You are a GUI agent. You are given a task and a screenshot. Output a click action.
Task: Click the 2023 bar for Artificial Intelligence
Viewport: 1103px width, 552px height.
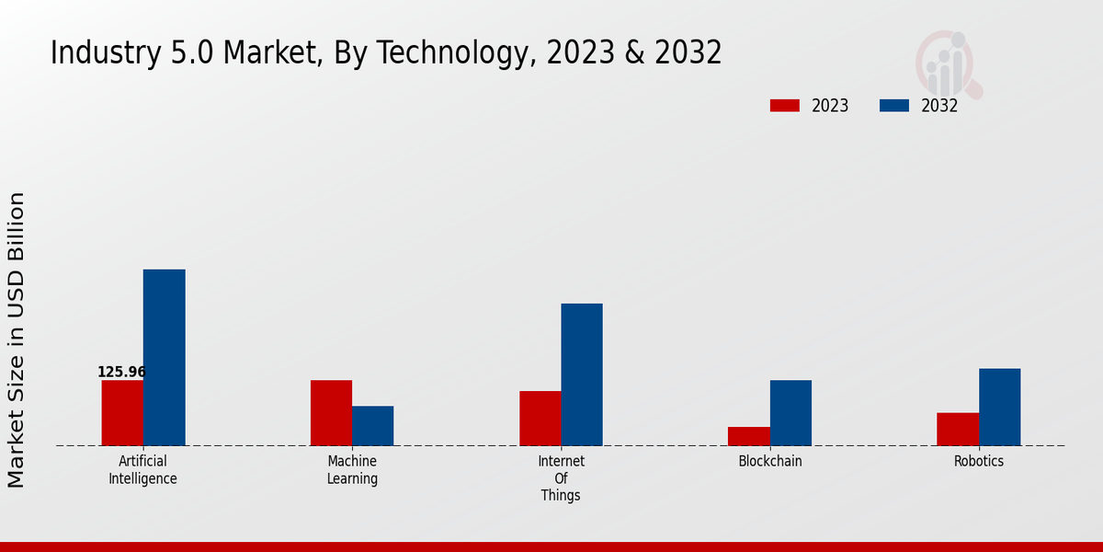pos(122,413)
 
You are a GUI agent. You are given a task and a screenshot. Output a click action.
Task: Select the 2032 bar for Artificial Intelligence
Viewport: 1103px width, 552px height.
pos(164,358)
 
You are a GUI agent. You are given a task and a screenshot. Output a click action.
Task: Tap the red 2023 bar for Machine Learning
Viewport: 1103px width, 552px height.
pos(331,413)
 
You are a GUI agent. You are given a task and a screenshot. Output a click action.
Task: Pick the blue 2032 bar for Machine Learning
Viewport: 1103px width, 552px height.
pos(372,426)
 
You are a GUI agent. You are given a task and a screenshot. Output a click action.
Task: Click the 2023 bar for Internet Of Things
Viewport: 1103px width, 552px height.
pos(540,419)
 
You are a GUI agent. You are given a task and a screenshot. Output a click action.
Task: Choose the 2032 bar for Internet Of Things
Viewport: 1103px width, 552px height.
pos(582,374)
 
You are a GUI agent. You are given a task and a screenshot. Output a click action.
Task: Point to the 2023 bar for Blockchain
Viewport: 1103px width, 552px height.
pos(748,436)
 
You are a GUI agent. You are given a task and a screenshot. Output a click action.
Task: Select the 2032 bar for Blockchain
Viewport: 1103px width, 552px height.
pos(790,413)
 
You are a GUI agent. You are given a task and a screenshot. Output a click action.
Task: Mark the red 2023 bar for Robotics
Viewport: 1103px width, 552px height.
pos(958,430)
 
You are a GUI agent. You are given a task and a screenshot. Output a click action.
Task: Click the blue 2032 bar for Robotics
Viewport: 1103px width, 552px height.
pos(999,408)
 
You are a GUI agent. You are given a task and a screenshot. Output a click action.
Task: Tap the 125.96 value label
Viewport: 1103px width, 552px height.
pos(121,373)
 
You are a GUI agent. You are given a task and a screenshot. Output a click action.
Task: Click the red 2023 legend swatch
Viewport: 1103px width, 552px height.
pos(784,106)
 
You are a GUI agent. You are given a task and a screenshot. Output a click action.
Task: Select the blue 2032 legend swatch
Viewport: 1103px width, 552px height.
pos(893,106)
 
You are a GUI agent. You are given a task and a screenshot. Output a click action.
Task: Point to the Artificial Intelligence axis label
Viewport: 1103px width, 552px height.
pos(142,470)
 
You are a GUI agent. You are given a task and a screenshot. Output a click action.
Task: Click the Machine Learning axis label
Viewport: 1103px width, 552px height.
pos(352,470)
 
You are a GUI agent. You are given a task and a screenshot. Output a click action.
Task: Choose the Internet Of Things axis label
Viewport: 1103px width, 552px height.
pos(561,478)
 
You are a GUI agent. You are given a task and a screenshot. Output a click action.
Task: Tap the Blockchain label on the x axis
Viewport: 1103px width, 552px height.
pos(770,462)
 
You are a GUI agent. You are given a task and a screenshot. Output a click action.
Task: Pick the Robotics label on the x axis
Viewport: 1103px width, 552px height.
pos(979,462)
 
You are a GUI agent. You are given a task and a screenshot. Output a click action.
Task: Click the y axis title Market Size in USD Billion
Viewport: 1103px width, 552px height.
pos(17,339)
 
